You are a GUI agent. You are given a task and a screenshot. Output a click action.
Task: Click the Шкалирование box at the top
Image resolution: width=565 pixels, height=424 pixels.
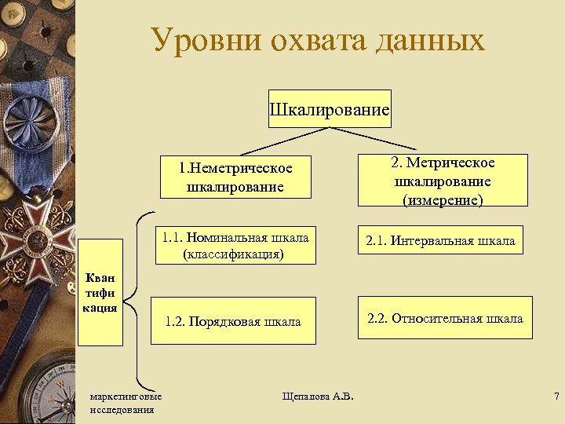[330, 109]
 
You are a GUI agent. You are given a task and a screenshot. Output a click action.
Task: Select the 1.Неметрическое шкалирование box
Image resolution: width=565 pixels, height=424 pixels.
[235, 177]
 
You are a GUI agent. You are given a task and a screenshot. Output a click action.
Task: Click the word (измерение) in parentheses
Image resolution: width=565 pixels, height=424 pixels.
[443, 200]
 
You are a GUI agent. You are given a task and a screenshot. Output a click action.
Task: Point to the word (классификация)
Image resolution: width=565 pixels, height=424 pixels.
[235, 254]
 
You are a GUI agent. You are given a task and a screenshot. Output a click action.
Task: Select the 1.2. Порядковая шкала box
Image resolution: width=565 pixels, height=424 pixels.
[233, 321]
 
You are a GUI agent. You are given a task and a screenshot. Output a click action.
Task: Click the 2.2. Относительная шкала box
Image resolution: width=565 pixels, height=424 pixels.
[445, 318]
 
